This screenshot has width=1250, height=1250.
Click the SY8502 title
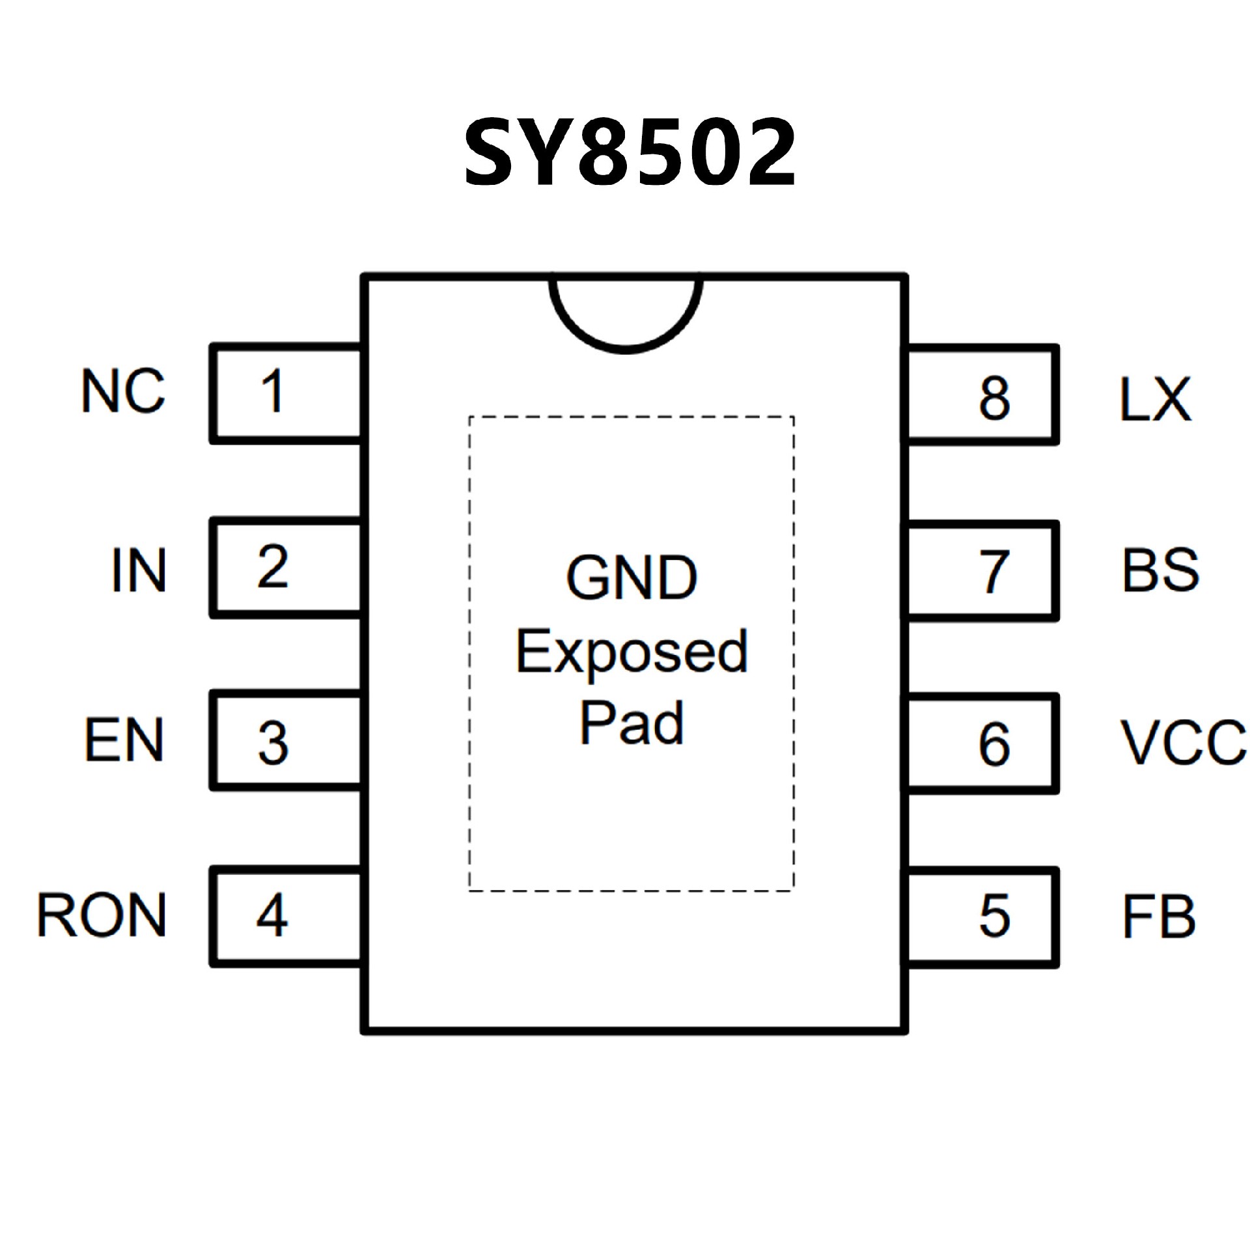[x=630, y=153]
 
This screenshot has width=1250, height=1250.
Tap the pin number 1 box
[x=285, y=394]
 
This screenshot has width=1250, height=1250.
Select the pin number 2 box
[x=285, y=568]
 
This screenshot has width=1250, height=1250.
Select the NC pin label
[x=123, y=391]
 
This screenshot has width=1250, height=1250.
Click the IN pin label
[x=139, y=570]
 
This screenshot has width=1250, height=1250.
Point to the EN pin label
[x=124, y=740]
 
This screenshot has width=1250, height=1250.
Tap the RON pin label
[x=102, y=915]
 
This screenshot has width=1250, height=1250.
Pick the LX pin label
[x=1155, y=398]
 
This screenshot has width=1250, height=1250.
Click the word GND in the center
[x=631, y=577]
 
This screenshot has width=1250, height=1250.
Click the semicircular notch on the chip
[x=626, y=312]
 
